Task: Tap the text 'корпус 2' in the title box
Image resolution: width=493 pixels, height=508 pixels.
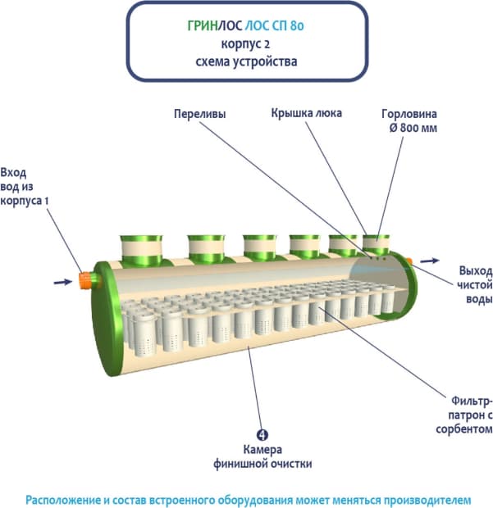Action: (x=247, y=43)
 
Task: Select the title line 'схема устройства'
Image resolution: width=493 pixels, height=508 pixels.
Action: (x=247, y=61)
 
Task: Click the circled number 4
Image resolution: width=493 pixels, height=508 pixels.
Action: (x=262, y=435)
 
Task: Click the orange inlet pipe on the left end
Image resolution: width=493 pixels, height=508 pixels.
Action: (x=85, y=280)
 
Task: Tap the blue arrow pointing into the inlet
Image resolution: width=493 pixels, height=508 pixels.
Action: (x=62, y=282)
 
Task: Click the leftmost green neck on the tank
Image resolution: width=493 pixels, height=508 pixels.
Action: (x=140, y=247)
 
